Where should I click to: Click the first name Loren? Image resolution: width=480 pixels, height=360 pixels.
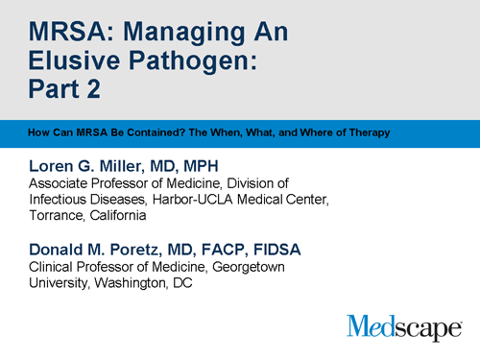point(54,165)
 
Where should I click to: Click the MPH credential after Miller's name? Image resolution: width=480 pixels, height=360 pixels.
point(214,165)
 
